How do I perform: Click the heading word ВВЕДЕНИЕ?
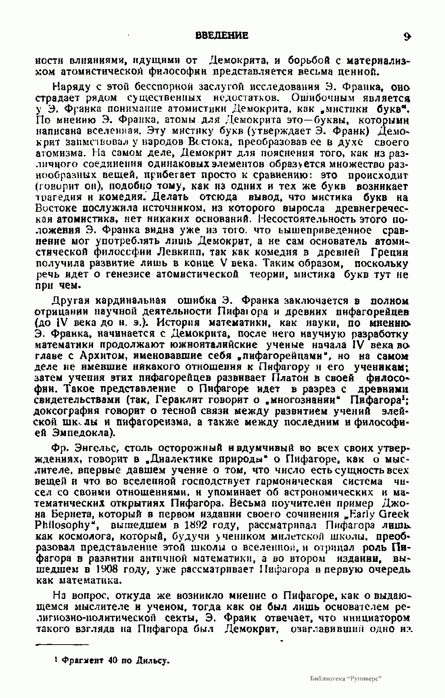tap(221, 36)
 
